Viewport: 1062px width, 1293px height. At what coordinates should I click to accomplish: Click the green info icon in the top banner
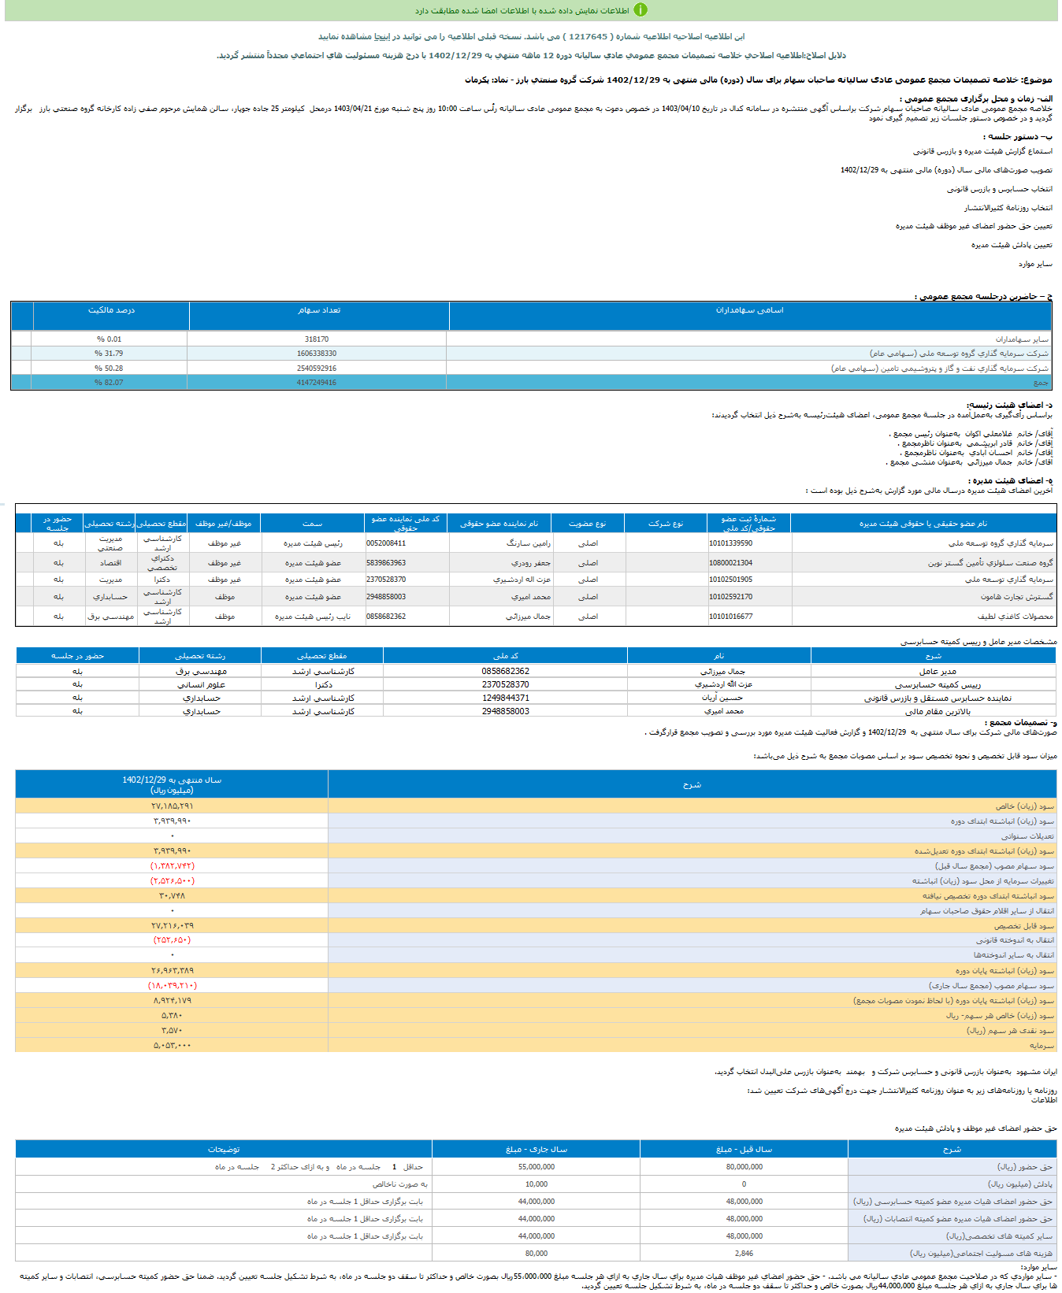click(x=641, y=10)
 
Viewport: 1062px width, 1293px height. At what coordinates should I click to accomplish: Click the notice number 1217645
click(x=588, y=36)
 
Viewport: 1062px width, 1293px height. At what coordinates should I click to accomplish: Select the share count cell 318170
click(x=317, y=339)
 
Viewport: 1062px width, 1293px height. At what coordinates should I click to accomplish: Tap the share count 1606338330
click(x=317, y=354)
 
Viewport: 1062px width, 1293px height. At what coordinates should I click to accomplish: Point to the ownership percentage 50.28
click(x=109, y=368)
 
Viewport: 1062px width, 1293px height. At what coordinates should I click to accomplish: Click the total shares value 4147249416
click(x=317, y=383)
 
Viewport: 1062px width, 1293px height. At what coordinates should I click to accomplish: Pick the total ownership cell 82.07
click(x=109, y=383)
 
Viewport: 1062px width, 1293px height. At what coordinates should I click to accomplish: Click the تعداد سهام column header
click(x=319, y=310)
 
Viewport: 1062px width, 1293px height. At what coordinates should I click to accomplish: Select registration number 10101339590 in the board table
click(x=730, y=543)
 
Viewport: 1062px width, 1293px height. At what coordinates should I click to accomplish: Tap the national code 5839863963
click(x=386, y=563)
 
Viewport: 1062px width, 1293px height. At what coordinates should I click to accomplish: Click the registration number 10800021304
click(x=730, y=563)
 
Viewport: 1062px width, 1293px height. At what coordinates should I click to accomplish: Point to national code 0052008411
click(x=386, y=543)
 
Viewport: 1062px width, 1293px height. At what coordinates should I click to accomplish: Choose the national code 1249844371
click(x=505, y=698)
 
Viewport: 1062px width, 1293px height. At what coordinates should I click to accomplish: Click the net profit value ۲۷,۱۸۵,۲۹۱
click(x=172, y=806)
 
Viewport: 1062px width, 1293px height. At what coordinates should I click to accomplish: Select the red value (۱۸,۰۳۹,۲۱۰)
click(x=172, y=986)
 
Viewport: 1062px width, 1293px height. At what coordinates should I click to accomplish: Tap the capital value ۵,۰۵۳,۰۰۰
click(x=172, y=1046)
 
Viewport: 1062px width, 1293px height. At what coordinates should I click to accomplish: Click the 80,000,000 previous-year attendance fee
click(x=744, y=1167)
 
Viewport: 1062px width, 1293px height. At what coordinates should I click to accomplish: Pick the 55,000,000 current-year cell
click(x=536, y=1167)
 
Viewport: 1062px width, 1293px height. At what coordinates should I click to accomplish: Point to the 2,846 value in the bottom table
click(x=744, y=1254)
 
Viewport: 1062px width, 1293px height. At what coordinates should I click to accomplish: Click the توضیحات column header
click(x=224, y=1150)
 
